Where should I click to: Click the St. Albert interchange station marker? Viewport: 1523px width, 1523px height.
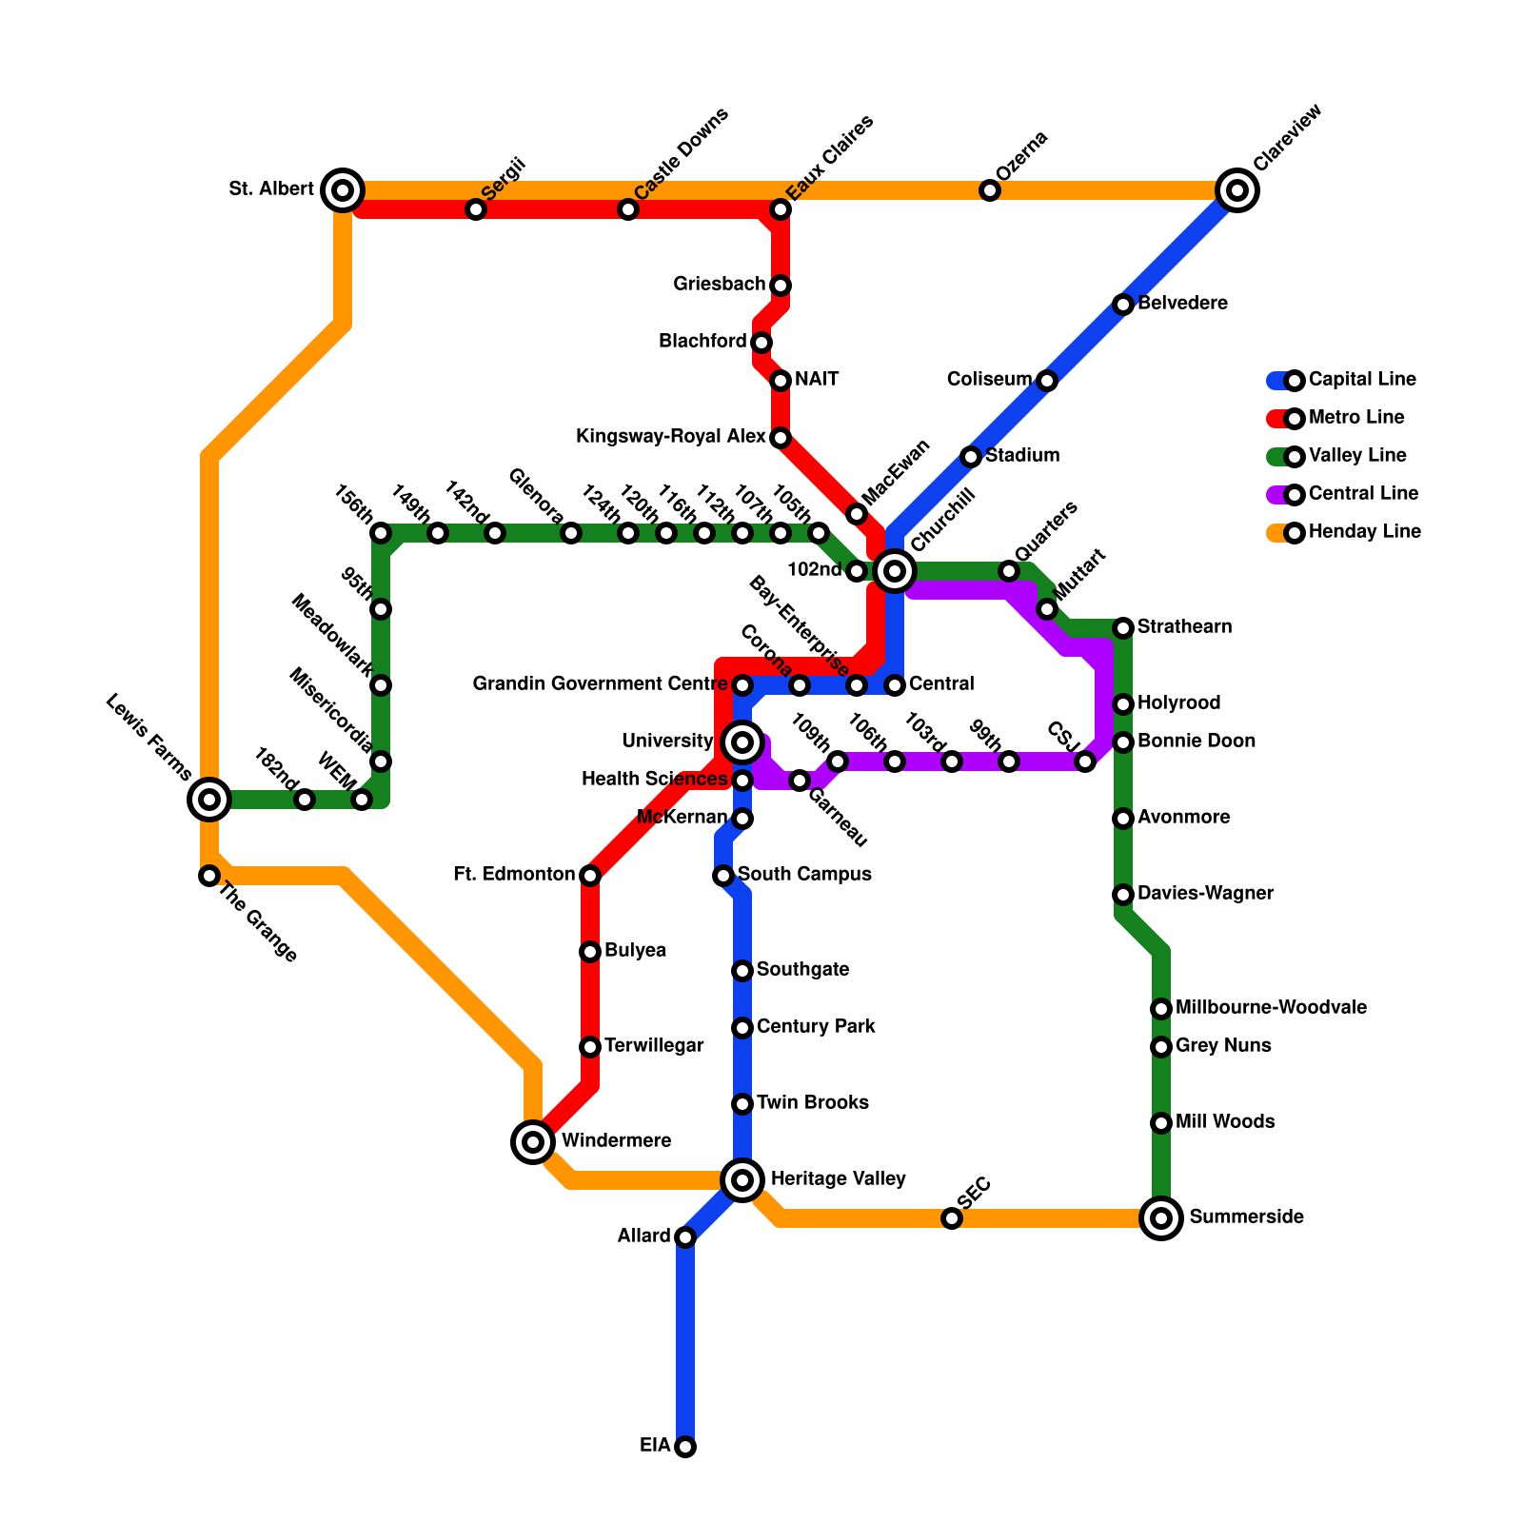click(343, 190)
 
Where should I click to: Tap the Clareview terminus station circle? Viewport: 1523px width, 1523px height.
click(1237, 190)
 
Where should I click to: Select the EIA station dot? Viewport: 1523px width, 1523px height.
click(685, 1447)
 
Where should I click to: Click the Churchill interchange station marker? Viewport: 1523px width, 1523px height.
click(895, 571)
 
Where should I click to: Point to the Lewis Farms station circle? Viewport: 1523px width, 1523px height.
click(209, 800)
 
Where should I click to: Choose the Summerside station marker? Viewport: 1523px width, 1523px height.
click(1161, 1218)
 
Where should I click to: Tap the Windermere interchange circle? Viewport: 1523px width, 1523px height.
click(533, 1142)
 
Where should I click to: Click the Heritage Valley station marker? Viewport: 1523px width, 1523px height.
click(742, 1180)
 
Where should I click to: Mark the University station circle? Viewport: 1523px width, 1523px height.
click(742, 742)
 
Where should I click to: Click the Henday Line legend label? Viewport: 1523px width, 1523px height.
click(1364, 532)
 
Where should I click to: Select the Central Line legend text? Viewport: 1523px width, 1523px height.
click(1363, 494)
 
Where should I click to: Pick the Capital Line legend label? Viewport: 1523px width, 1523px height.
click(1362, 380)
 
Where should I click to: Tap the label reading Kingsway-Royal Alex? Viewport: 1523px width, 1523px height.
click(671, 437)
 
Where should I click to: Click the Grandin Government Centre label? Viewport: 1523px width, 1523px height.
click(600, 684)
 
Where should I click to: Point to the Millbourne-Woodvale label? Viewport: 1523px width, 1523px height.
click(1271, 1008)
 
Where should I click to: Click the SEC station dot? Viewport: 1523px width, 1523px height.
click(952, 1218)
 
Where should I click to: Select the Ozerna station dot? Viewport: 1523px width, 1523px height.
click(990, 190)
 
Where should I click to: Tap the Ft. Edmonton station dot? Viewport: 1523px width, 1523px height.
click(590, 876)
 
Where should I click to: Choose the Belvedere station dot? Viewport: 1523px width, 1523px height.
click(1123, 305)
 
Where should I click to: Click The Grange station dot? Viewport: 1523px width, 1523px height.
click(209, 876)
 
